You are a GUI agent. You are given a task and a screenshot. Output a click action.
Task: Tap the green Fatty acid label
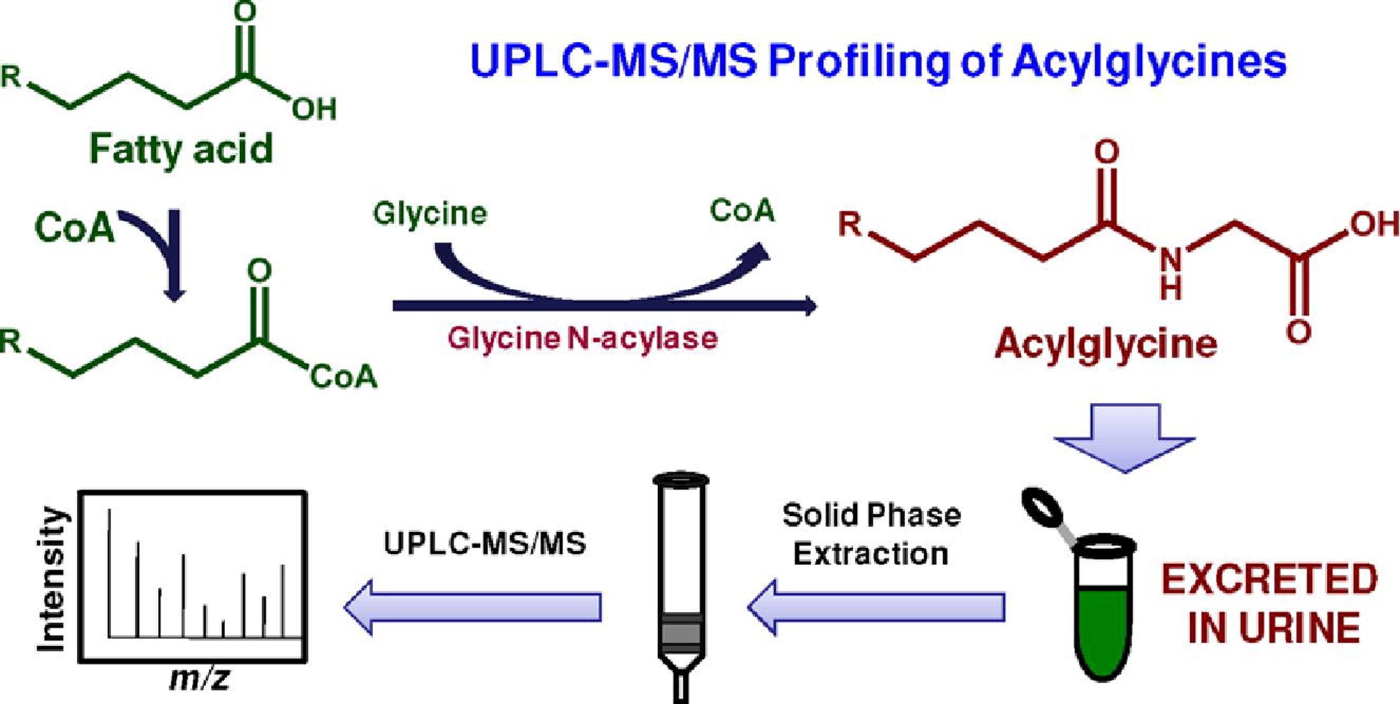(x=181, y=149)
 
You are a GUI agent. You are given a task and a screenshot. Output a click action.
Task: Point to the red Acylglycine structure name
(x=1105, y=344)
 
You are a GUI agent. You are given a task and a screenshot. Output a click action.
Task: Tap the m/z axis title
(x=200, y=678)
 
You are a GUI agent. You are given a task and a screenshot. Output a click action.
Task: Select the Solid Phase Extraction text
(x=871, y=535)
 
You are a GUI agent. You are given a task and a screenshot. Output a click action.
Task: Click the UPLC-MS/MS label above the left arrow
(x=485, y=543)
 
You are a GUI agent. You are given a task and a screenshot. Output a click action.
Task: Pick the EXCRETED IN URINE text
(x=1269, y=603)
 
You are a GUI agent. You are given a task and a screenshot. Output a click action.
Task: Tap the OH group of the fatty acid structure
(x=314, y=109)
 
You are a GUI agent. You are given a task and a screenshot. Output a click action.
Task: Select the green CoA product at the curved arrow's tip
(x=742, y=211)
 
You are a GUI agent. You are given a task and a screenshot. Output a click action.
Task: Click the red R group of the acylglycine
(x=850, y=224)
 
